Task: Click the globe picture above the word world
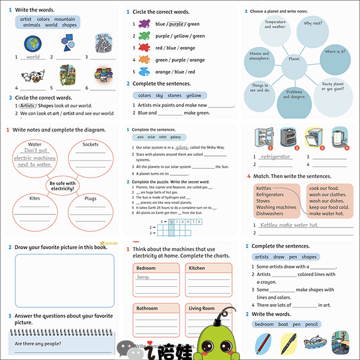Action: [32, 43]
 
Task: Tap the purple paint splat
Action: [143, 24]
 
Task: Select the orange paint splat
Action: [143, 71]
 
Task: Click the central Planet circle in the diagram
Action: [294, 60]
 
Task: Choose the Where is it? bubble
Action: [334, 52]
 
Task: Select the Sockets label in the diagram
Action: [91, 144]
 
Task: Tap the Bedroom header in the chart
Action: [146, 268]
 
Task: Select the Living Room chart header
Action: [202, 308]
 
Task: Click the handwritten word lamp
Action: [143, 277]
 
